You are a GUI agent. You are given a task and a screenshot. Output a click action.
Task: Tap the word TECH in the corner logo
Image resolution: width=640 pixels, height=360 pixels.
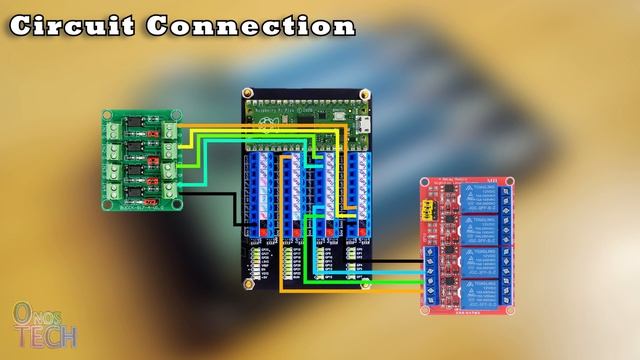(x=44, y=336)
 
